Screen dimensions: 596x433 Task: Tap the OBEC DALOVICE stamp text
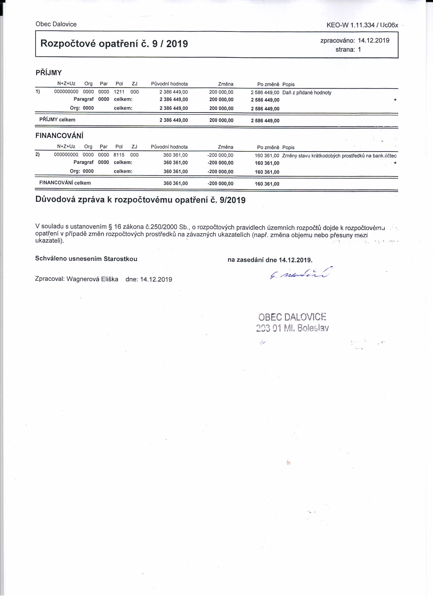click(292, 317)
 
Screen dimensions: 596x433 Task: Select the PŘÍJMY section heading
click(49, 73)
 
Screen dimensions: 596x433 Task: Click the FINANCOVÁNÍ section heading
click(59, 136)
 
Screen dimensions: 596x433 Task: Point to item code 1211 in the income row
click(119, 92)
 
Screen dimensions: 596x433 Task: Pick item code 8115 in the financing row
click(119, 155)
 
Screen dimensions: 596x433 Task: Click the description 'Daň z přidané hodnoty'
click(307, 93)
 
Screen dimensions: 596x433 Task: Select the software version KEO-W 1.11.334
click(350, 25)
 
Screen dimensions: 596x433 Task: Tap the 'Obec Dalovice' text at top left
click(56, 24)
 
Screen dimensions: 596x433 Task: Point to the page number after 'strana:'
click(359, 49)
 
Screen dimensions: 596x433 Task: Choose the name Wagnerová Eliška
click(92, 279)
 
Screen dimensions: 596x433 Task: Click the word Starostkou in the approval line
click(120, 259)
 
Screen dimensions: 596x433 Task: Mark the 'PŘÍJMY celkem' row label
click(57, 120)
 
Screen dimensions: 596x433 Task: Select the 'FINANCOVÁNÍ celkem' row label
click(65, 183)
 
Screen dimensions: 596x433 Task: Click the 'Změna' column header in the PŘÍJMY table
click(226, 84)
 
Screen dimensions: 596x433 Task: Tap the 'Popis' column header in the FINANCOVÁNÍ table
click(288, 147)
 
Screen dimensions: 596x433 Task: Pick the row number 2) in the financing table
click(37, 154)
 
